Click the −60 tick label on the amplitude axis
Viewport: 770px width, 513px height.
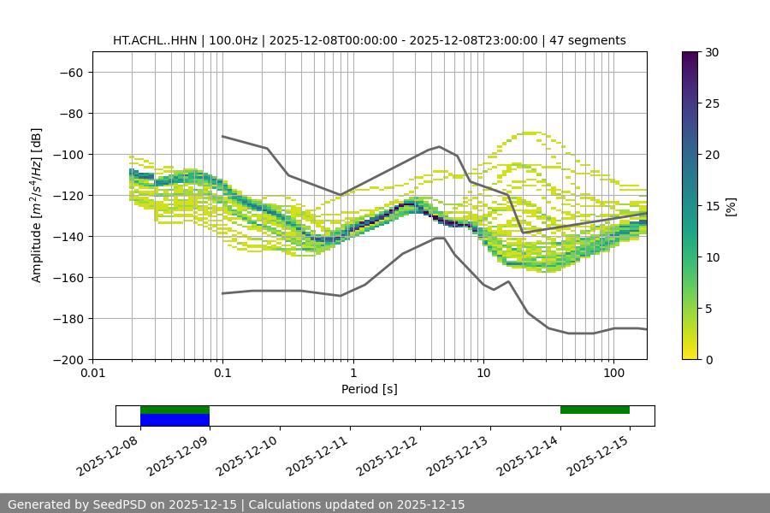click(70, 72)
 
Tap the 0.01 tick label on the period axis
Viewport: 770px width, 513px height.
click(92, 374)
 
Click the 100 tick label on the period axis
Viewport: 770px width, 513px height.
click(613, 374)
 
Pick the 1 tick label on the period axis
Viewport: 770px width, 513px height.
click(353, 374)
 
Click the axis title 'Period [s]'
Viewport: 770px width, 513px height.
click(370, 389)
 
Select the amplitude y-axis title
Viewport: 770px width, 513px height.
click(37, 205)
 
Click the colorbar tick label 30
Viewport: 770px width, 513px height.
click(712, 52)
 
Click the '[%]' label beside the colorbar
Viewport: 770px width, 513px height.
click(731, 206)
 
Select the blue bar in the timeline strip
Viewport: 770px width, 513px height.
click(175, 420)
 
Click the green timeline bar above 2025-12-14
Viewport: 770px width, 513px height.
click(595, 410)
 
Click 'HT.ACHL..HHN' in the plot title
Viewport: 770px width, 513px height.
click(155, 40)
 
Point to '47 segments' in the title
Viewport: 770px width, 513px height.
click(588, 40)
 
